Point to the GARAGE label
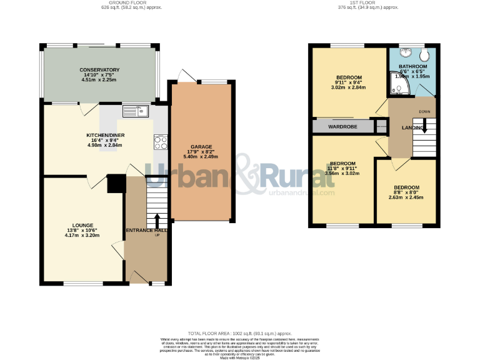(x=201, y=147)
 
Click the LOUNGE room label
(x=82, y=225)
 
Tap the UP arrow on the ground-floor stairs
(x=156, y=222)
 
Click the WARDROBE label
(x=342, y=127)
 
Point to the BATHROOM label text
(x=413, y=66)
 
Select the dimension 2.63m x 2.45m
(x=406, y=197)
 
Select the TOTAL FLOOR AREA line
(x=240, y=334)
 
